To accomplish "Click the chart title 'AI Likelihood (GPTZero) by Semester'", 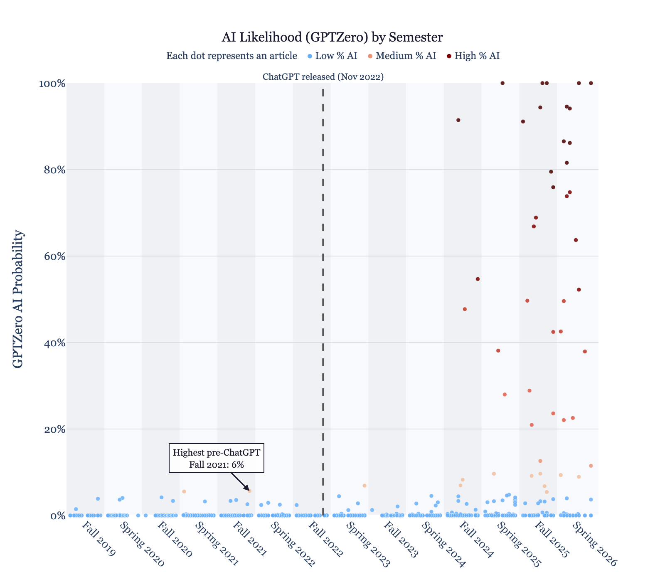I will coord(332,37).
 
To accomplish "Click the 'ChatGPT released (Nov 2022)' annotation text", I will coord(323,77).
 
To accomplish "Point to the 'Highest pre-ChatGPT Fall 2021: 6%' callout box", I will coord(216,458).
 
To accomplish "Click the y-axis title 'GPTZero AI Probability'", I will coord(18,299).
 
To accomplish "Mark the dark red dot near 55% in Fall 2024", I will coord(478,279).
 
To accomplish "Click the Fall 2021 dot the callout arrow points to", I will coord(249,491).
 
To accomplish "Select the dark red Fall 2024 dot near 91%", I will coord(458,120).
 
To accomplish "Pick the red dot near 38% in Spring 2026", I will coord(585,351).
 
